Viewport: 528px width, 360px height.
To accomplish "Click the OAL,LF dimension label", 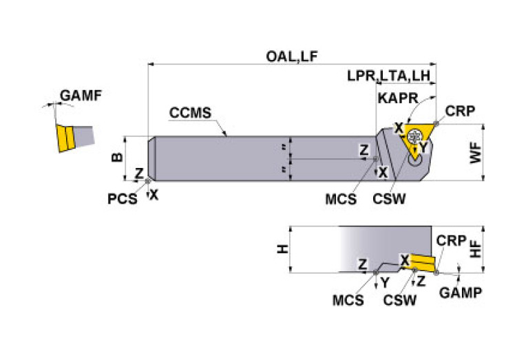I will [295, 57].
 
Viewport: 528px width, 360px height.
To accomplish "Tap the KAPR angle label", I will [398, 98].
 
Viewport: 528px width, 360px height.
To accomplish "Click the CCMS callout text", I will [189, 113].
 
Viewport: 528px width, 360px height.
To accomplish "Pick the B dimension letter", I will [117, 157].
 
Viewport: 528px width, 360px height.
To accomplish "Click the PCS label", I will [122, 200].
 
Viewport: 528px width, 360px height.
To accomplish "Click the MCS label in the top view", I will [342, 200].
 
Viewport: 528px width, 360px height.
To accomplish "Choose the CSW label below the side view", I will [400, 300].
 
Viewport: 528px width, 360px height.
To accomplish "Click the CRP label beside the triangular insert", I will [459, 111].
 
